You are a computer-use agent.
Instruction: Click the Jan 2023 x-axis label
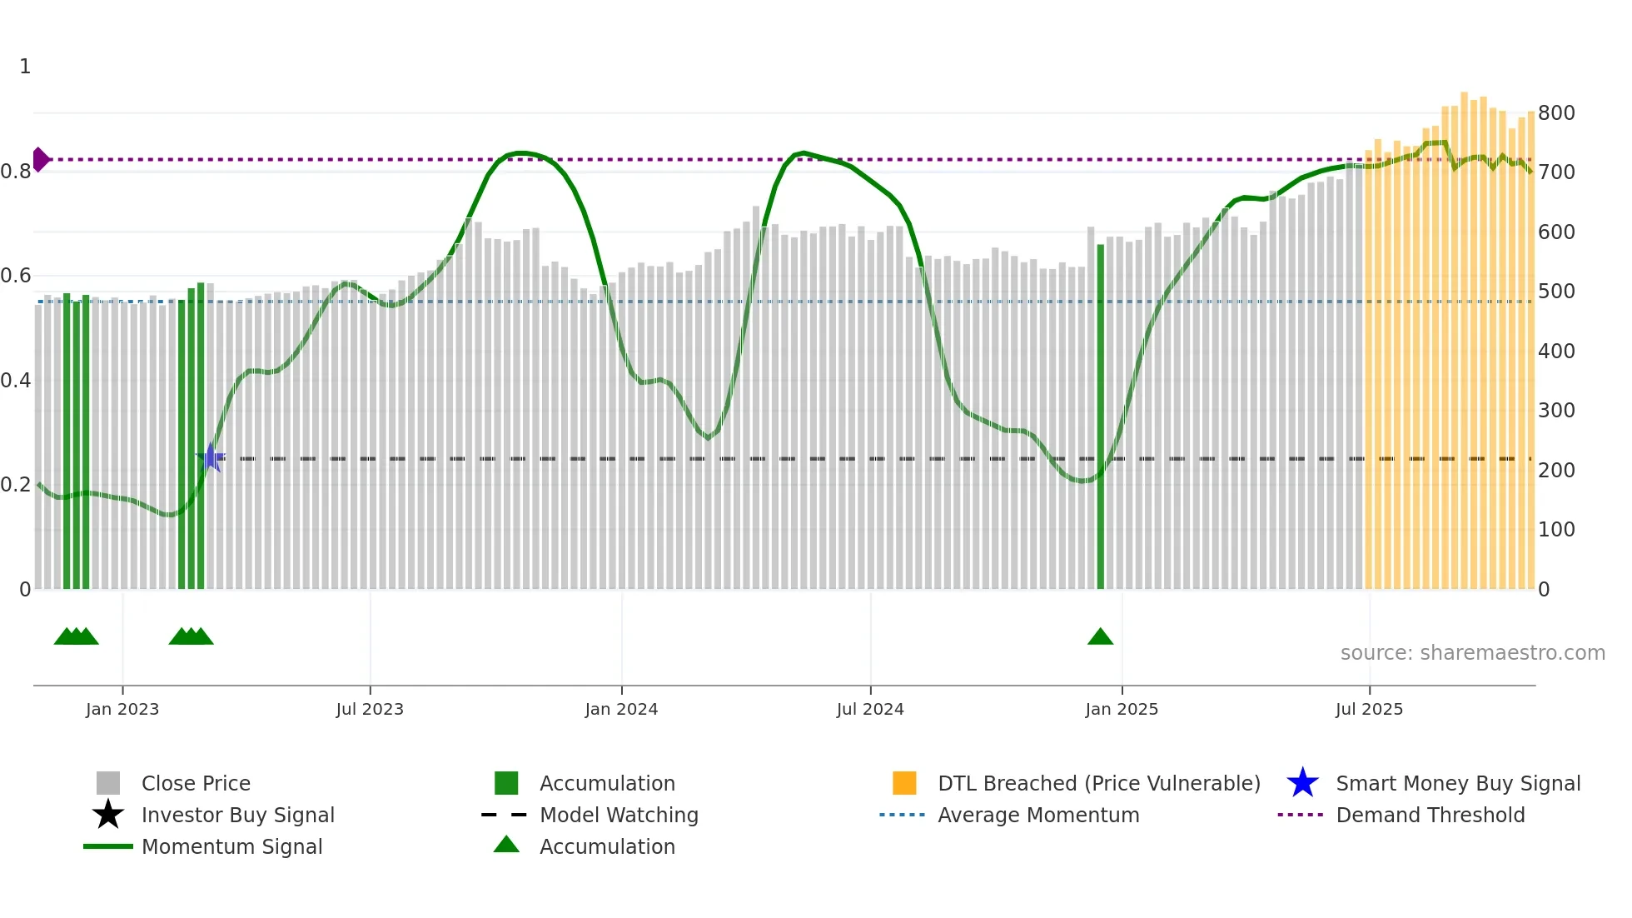(x=122, y=709)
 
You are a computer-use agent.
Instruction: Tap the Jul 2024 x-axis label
(x=870, y=709)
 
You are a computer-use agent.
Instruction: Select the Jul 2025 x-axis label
(x=1369, y=709)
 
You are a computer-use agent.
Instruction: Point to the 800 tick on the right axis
(x=1556, y=112)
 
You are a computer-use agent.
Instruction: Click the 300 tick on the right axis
(x=1556, y=411)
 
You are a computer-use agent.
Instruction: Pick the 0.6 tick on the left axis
(x=16, y=276)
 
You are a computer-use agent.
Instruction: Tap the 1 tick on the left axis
(x=25, y=67)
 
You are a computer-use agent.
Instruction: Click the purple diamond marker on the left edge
(x=40, y=159)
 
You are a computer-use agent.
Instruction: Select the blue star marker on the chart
(x=211, y=457)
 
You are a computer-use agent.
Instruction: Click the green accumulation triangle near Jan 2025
(x=1100, y=637)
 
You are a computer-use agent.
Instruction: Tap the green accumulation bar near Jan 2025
(x=1100, y=417)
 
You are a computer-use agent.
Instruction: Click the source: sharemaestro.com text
(x=1472, y=653)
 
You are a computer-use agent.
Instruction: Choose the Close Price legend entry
(x=196, y=783)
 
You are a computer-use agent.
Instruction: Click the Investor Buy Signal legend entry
(x=237, y=815)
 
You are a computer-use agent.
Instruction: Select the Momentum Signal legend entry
(x=231, y=846)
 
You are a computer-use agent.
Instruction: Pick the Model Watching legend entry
(x=619, y=815)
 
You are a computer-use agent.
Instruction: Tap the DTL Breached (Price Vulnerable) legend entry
(x=1098, y=783)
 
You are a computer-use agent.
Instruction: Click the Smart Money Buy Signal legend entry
(x=1457, y=783)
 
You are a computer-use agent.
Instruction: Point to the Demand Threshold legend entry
(x=1430, y=815)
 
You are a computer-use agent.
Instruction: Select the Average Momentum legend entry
(x=1038, y=815)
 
